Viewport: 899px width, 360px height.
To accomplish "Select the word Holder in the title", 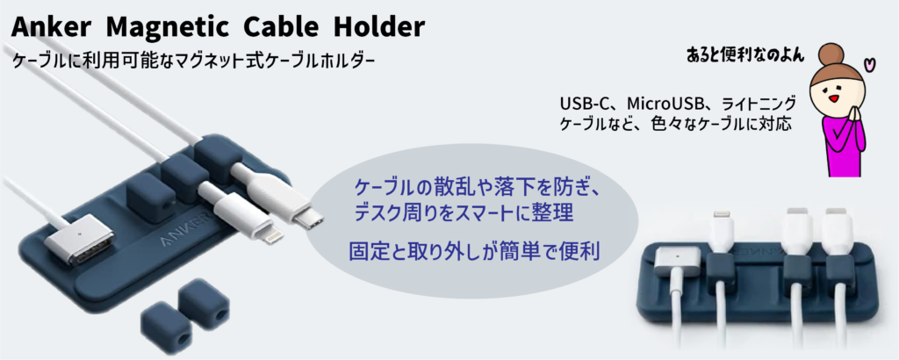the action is [379, 26].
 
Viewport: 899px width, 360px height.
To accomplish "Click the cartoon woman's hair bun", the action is [831, 55].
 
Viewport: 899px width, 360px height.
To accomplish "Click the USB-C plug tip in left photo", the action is [307, 220].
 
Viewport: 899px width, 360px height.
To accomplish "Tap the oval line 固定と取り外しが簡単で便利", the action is [475, 250].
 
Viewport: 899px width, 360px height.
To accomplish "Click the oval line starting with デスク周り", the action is [464, 214].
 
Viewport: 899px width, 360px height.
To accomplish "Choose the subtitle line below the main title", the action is [194, 61].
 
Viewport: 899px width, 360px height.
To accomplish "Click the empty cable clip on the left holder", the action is [146, 194].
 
